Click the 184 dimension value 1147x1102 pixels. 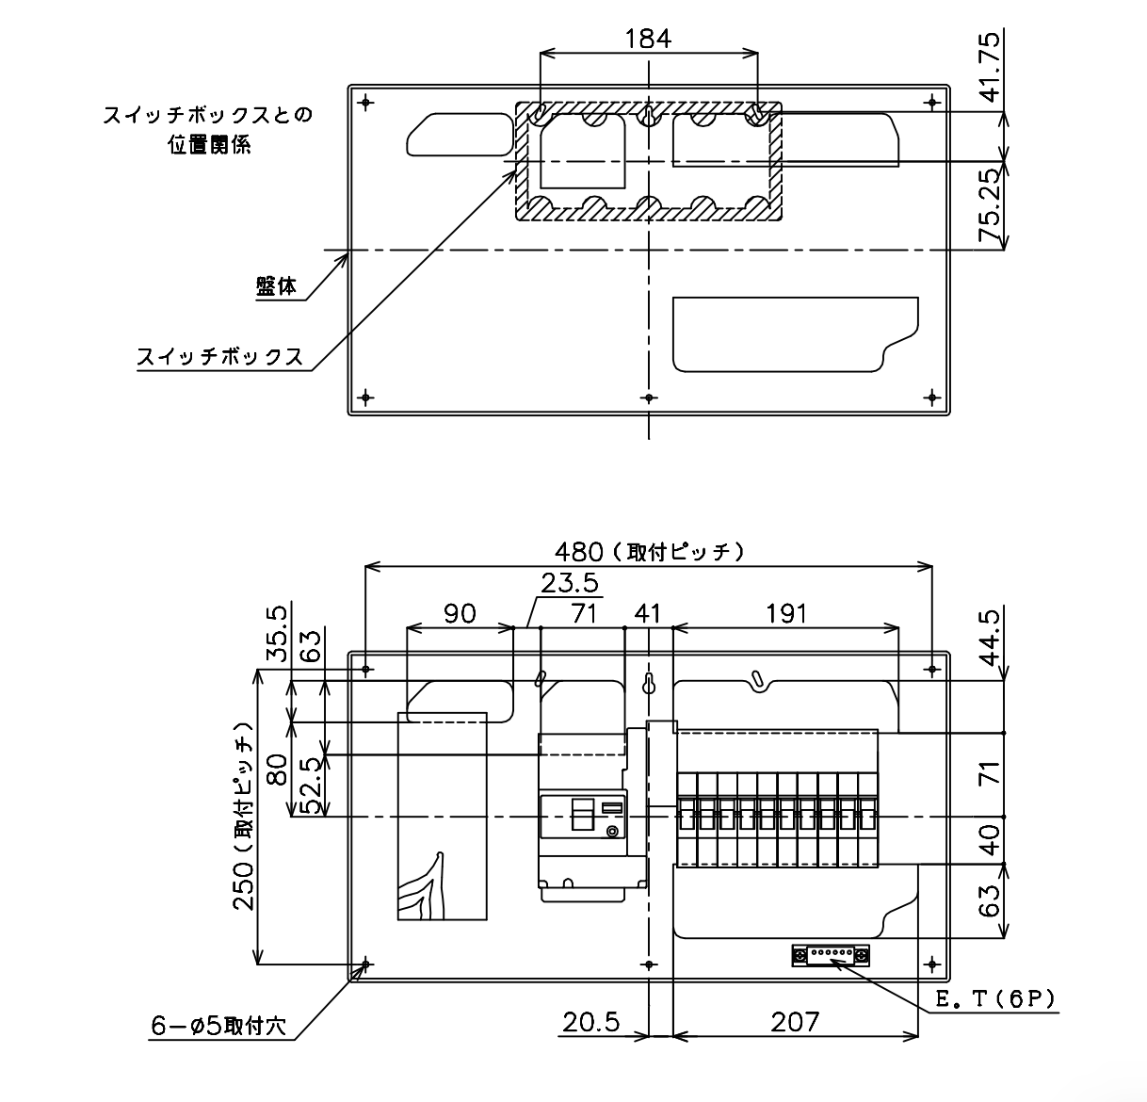tap(648, 39)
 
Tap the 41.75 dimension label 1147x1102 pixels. tap(991, 67)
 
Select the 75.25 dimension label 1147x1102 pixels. tap(991, 204)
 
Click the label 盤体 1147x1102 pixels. tap(277, 286)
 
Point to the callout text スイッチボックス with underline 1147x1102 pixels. tap(219, 357)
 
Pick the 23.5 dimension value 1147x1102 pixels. tap(570, 583)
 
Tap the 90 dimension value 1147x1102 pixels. tap(460, 614)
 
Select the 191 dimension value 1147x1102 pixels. tap(786, 614)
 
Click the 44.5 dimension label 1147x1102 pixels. tap(991, 638)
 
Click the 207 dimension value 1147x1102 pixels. tap(795, 1022)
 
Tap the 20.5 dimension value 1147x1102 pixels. tap(591, 1022)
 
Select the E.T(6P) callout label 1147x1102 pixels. tap(995, 998)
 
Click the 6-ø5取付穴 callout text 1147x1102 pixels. tap(218, 1027)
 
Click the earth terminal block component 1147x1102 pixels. tap(831, 955)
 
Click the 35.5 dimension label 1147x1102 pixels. tap(277, 635)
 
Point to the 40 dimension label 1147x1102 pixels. tap(991, 840)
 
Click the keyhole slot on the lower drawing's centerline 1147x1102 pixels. tap(648, 684)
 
